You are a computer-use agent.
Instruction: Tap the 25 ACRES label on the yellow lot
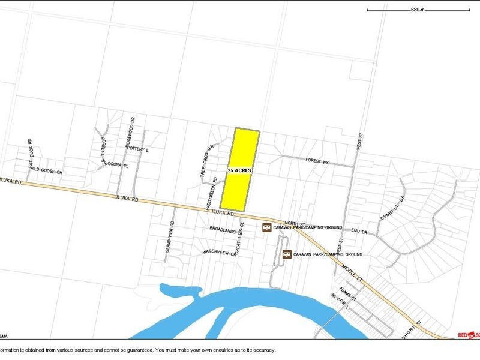[239, 171]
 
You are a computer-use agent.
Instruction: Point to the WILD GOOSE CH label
[46, 172]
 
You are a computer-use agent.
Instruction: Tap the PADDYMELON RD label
[214, 189]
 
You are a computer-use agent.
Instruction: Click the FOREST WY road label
[319, 161]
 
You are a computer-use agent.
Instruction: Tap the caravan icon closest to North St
[266, 227]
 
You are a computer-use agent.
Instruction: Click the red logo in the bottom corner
[469, 334]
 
